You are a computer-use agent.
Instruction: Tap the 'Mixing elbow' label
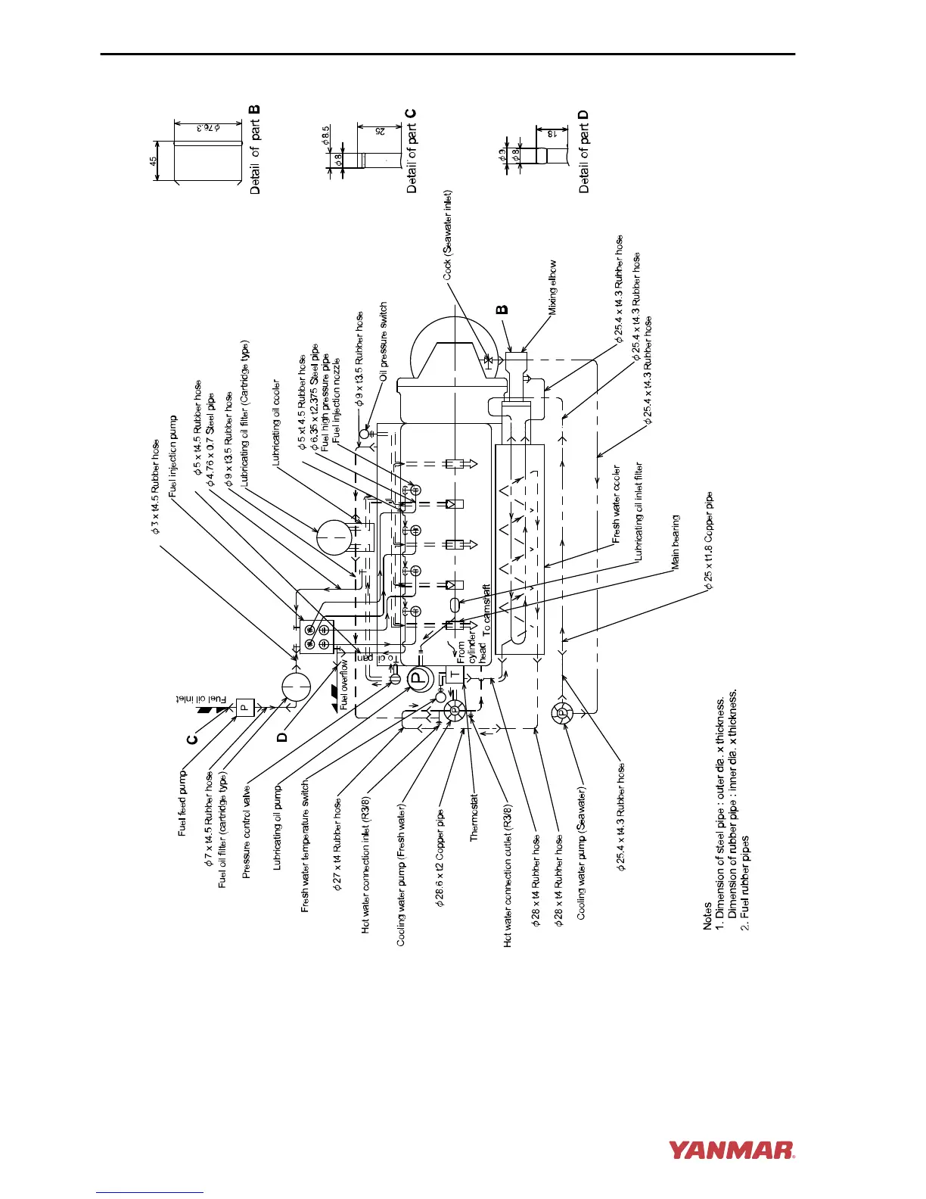tap(553, 287)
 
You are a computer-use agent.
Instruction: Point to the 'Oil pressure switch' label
tap(384, 341)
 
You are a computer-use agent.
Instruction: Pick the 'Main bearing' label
tap(676, 541)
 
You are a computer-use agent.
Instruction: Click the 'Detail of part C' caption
tap(412, 149)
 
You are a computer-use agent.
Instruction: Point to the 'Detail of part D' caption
tap(583, 151)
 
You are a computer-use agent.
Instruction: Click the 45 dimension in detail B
tap(153, 161)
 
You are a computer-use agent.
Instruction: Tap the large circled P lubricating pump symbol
tap(418, 678)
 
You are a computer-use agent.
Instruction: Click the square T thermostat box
tap(455, 674)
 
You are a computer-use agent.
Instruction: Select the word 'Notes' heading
tap(707, 914)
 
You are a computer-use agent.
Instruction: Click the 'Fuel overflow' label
tap(343, 684)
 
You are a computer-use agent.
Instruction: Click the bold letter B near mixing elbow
tap(502, 309)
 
